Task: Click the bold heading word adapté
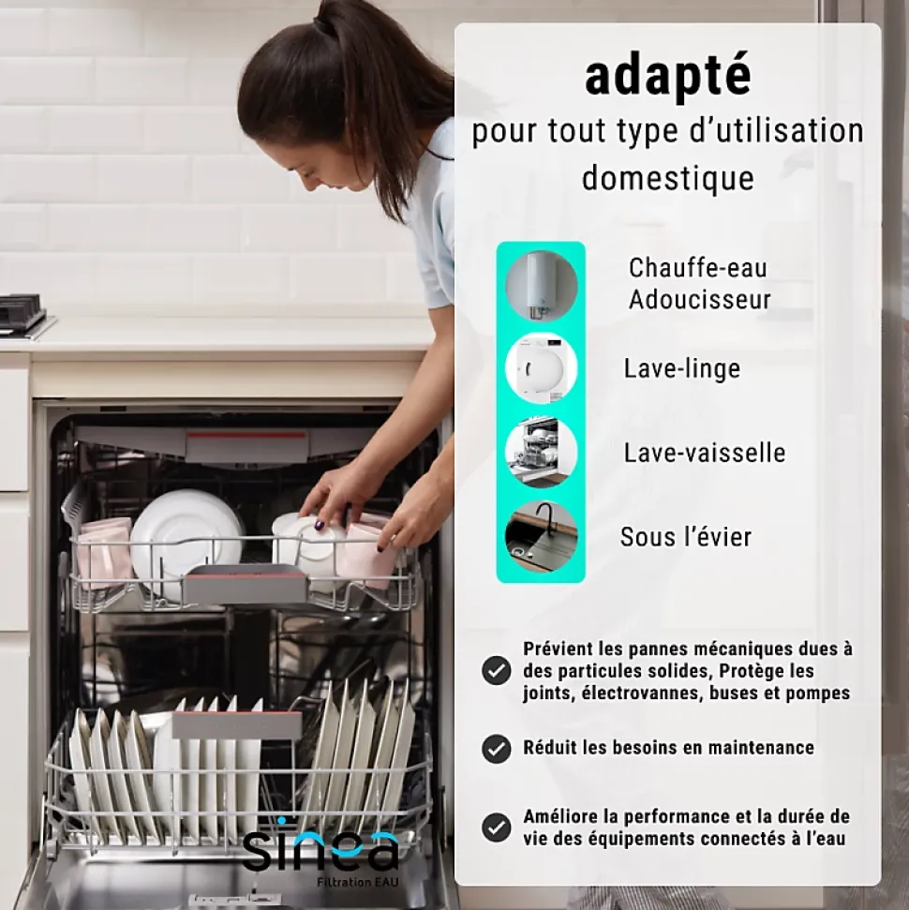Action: pyautogui.click(x=667, y=77)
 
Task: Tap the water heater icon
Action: pyautogui.click(x=541, y=286)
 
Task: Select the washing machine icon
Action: pyautogui.click(x=541, y=368)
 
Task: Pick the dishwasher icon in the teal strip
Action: pyautogui.click(x=541, y=452)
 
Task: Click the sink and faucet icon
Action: pyautogui.click(x=541, y=536)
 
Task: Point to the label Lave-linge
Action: pyautogui.click(x=682, y=368)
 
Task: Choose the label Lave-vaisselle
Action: pyautogui.click(x=705, y=453)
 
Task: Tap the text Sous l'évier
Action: pyautogui.click(x=686, y=537)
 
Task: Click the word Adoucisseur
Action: pyautogui.click(x=699, y=300)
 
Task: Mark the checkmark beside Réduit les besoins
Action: pyautogui.click(x=497, y=749)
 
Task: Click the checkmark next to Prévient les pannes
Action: pyautogui.click(x=497, y=671)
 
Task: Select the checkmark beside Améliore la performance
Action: pyautogui.click(x=497, y=827)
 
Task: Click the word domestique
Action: pyautogui.click(x=667, y=178)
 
